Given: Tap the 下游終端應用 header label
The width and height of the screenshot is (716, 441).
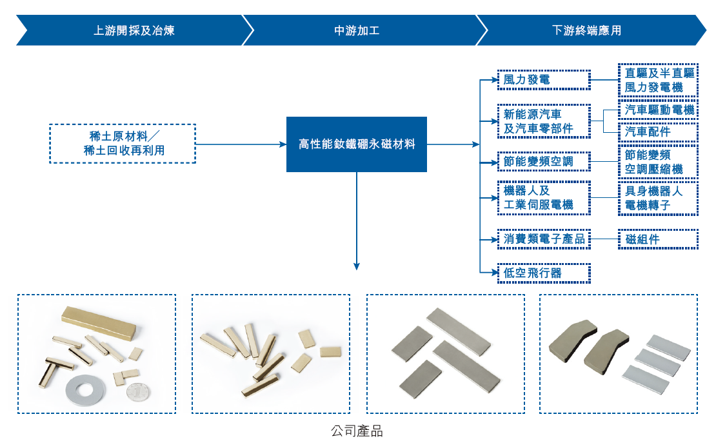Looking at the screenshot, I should tap(586, 30).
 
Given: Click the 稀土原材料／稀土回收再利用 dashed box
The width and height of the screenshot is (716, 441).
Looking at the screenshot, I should tap(123, 143).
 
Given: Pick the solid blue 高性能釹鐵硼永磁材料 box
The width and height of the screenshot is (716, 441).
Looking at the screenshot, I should tap(357, 144).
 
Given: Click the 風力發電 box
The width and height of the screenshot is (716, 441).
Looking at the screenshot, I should tap(544, 80).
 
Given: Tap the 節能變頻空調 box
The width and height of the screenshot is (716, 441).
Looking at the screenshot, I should tap(544, 161).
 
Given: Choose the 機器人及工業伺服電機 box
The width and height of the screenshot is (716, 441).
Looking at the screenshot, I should tap(544, 198).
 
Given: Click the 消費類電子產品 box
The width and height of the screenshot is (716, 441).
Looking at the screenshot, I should tap(544, 240).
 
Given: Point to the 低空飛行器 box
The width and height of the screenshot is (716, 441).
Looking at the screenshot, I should tap(544, 273).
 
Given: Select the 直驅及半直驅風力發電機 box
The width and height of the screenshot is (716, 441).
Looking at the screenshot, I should tap(658, 80).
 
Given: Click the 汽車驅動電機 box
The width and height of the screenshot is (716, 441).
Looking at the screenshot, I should tap(658, 110).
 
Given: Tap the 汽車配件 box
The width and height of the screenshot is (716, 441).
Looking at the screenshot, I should tap(658, 132).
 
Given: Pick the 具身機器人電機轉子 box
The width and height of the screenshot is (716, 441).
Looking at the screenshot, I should tap(658, 198).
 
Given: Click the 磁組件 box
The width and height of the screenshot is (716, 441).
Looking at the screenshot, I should tap(658, 240).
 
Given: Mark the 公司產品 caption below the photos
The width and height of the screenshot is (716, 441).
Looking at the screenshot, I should tap(357, 431).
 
